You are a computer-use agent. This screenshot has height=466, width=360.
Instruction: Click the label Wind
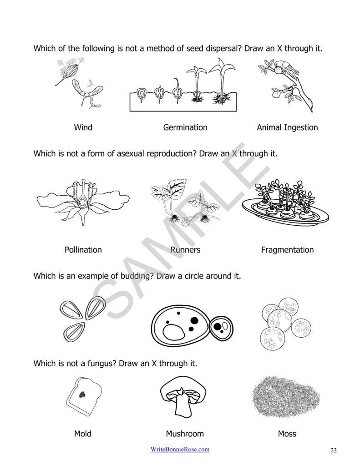tap(83, 127)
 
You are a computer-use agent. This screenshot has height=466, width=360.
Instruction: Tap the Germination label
tap(185, 127)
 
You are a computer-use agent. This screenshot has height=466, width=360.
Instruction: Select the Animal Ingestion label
tap(287, 127)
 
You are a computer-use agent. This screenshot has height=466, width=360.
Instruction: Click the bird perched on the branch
tap(290, 68)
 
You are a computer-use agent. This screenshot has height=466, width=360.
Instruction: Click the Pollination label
tap(83, 250)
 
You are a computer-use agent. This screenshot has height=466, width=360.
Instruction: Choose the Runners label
tap(185, 250)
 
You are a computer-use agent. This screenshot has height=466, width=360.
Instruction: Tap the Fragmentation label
tap(287, 250)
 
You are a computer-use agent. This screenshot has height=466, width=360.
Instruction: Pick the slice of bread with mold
tap(84, 395)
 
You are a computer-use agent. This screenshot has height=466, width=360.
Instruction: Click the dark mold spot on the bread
tap(83, 395)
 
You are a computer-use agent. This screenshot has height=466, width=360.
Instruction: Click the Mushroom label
tap(185, 434)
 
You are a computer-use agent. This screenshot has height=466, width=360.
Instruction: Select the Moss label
tap(287, 434)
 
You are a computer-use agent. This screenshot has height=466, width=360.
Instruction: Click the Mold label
tap(83, 434)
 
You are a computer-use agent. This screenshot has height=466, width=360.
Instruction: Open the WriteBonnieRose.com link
tap(180, 450)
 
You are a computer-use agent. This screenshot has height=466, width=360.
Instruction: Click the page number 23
tap(333, 451)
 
